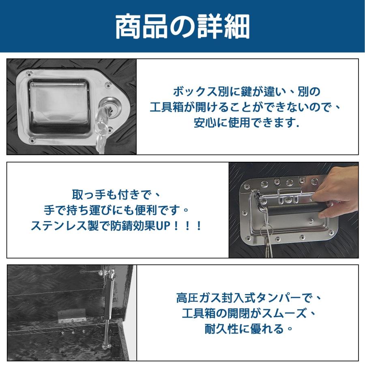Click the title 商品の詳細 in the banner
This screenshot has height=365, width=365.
pyautogui.click(x=182, y=26)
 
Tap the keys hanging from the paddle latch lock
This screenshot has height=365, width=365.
pyautogui.click(x=101, y=130)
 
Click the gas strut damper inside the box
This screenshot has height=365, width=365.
pyautogui.click(x=109, y=308)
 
